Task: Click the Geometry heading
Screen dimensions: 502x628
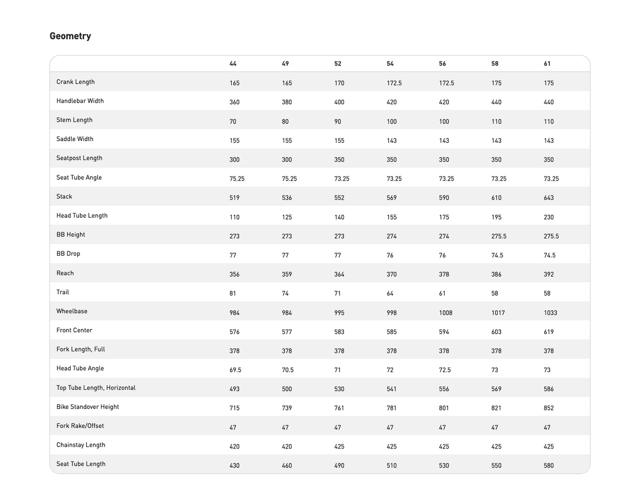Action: [x=70, y=36]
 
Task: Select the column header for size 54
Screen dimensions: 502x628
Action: [x=390, y=64]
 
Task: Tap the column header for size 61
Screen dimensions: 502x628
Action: [x=547, y=64]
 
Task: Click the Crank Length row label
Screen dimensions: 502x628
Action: [x=75, y=82]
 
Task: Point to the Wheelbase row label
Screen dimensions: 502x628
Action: [x=72, y=311]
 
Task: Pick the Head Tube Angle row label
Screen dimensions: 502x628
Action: [x=80, y=368]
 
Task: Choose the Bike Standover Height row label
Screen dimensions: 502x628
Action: [x=87, y=407]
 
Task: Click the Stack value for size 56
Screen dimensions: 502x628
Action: [x=444, y=198]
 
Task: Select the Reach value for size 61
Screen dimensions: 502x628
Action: [x=548, y=274]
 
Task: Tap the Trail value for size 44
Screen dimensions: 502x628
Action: [x=233, y=294]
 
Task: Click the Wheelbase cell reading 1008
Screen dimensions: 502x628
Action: [x=445, y=313]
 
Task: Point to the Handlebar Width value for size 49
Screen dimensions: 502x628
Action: [x=287, y=102]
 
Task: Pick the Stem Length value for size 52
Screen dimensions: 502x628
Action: [x=338, y=122]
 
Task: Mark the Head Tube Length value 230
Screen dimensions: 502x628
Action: [x=548, y=217]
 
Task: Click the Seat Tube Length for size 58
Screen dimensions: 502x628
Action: [x=496, y=466]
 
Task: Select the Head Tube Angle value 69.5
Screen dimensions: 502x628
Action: [x=235, y=370]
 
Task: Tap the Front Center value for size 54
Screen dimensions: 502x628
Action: [x=392, y=332]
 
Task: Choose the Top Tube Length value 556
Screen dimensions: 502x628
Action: [x=444, y=389]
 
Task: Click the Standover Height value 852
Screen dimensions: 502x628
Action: [x=548, y=408]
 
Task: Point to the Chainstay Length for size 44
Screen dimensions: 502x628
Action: [x=234, y=446]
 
